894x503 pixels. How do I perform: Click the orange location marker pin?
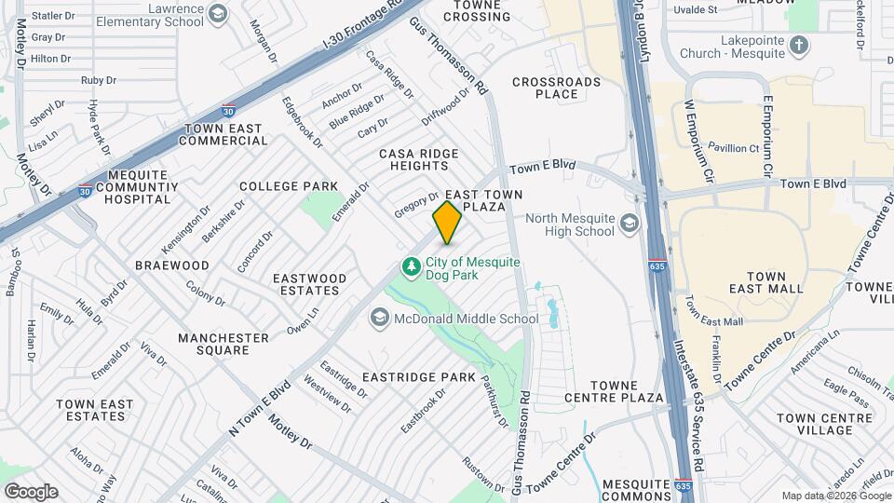pyautogui.click(x=447, y=222)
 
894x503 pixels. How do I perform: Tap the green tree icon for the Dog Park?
pyautogui.click(x=411, y=267)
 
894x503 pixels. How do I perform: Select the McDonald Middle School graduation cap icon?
pyautogui.click(x=379, y=319)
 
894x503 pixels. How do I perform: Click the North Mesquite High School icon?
pyautogui.click(x=630, y=224)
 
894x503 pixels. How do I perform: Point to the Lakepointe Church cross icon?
pyautogui.click(x=799, y=44)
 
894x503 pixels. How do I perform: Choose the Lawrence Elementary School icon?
pyautogui.click(x=218, y=13)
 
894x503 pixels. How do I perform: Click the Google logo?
pyautogui.click(x=31, y=491)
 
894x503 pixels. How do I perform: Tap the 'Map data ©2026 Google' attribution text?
pyautogui.click(x=835, y=496)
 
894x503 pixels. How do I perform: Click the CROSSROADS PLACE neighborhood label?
pyautogui.click(x=557, y=88)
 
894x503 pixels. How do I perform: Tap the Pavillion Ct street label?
pyautogui.click(x=734, y=148)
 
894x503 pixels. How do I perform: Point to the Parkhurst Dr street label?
pyautogui.click(x=494, y=401)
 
